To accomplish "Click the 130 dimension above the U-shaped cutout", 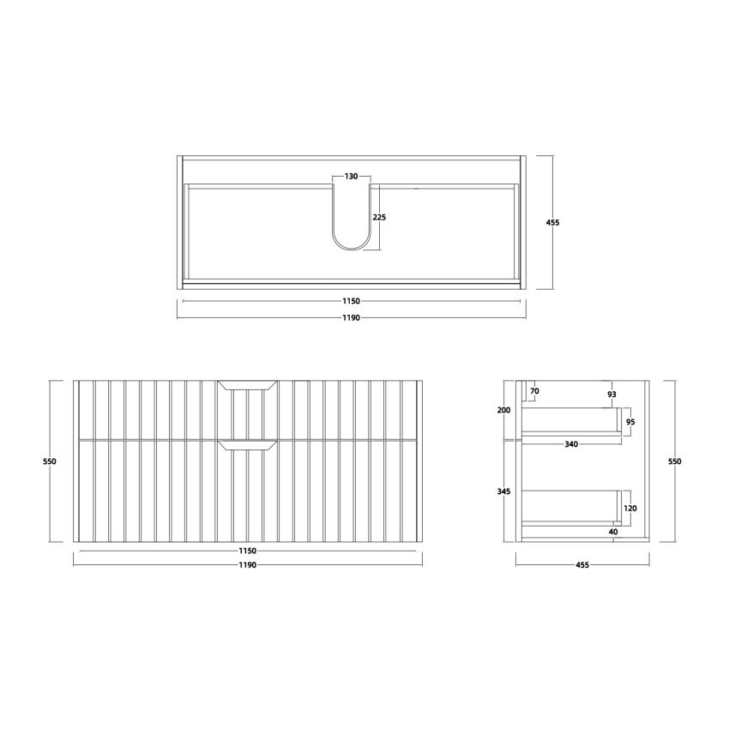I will tap(351, 177).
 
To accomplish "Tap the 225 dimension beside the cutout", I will tap(379, 217).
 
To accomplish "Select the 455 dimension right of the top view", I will tap(552, 222).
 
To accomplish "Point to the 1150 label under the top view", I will tap(351, 301).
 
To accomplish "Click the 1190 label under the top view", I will tap(351, 317).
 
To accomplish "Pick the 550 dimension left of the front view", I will tap(50, 461).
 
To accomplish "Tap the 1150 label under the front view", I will tap(247, 550).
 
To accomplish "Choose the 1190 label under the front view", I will tap(247, 565).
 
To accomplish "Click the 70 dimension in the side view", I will tap(534, 391).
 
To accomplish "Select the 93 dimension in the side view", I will tap(612, 395).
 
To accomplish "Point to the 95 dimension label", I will tap(630, 422).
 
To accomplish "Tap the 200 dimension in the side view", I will tap(503, 410).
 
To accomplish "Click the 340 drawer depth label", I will tap(570, 444).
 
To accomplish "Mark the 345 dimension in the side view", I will tap(503, 491).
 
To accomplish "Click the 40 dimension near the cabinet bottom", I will tap(614, 531).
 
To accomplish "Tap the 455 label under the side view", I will tap(582, 565).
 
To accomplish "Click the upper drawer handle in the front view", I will tap(247, 385).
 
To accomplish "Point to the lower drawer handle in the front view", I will tap(247, 444).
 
